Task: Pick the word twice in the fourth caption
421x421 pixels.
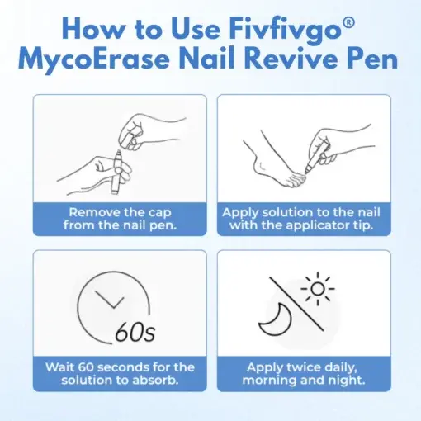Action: [310, 367]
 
